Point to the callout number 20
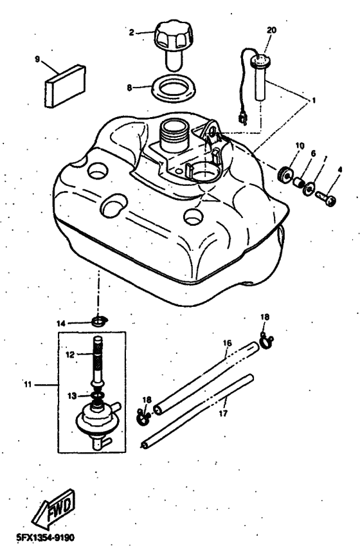pyautogui.click(x=270, y=30)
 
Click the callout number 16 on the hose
pyautogui.click(x=227, y=353)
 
